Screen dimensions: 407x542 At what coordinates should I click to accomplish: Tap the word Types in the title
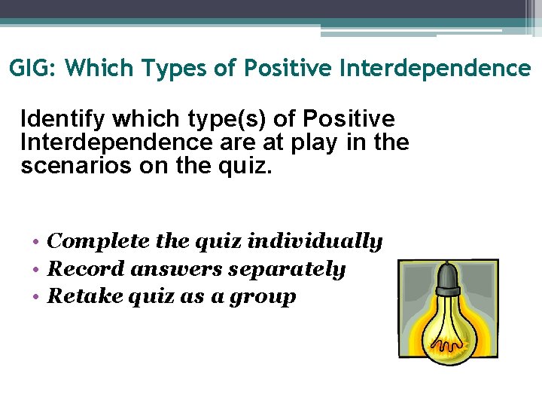[x=178, y=69]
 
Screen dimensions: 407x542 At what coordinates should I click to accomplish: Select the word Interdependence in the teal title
[x=436, y=69]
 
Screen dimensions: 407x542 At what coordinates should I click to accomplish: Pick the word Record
[x=84, y=269]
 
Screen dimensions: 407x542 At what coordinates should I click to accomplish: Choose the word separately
[x=289, y=270]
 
